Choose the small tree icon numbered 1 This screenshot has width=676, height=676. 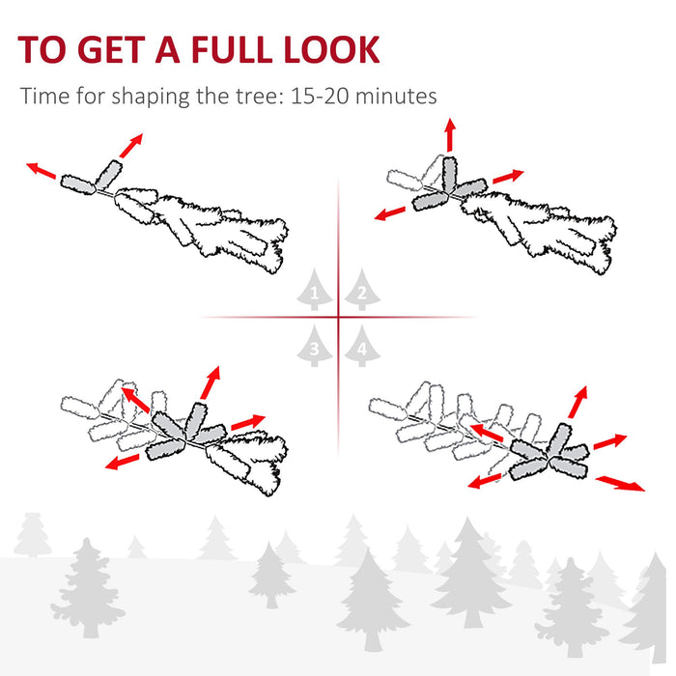tap(314, 289)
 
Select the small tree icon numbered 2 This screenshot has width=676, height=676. tap(361, 289)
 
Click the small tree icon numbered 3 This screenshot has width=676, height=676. tap(314, 346)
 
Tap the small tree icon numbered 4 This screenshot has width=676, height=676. tap(361, 346)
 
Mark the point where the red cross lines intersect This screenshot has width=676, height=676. tap(338, 316)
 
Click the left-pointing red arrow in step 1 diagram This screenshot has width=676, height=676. tap(42, 171)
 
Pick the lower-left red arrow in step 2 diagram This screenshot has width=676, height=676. tap(392, 211)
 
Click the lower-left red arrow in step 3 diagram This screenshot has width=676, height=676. tap(122, 463)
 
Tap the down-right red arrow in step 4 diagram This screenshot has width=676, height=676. tap(620, 483)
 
